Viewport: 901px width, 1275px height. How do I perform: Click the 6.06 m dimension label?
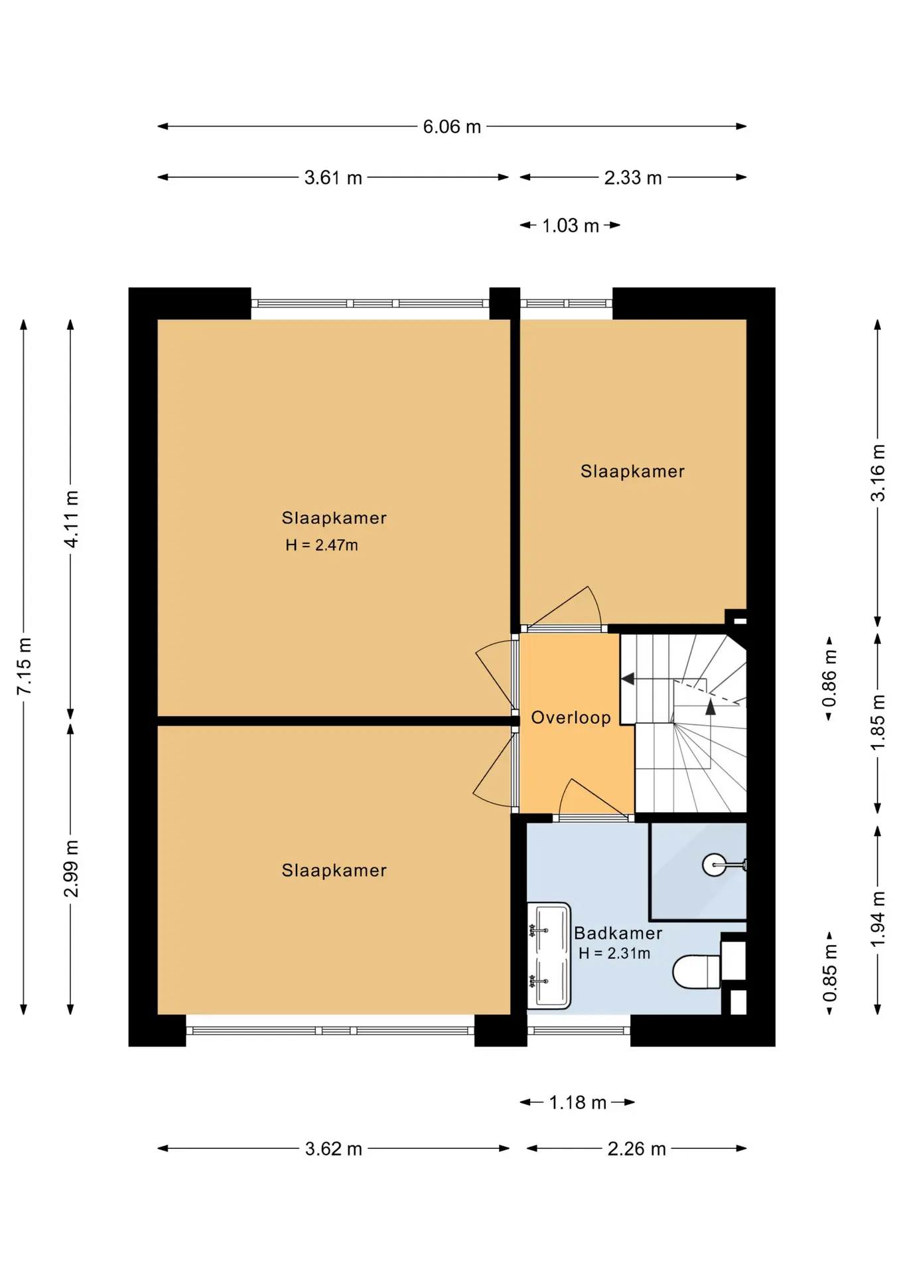click(452, 126)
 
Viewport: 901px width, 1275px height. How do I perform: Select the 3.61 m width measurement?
click(333, 177)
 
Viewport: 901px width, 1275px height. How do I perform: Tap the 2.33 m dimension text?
click(633, 177)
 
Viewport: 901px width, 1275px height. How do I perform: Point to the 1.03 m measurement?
click(571, 226)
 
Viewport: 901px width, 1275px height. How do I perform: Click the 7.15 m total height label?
click(24, 666)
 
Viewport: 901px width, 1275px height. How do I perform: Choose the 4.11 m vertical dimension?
click(71, 519)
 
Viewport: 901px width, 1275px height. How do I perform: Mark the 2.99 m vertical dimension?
click(71, 869)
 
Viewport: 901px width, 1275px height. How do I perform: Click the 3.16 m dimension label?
click(878, 473)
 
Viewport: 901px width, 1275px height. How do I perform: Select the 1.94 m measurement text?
click(878, 920)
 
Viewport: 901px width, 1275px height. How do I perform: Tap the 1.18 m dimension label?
click(578, 1102)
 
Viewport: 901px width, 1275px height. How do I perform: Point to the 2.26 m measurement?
click(636, 1149)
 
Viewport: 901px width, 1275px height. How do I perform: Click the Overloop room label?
click(571, 717)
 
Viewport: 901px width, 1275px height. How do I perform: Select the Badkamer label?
click(618, 933)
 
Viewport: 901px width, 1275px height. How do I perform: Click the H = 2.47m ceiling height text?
click(322, 545)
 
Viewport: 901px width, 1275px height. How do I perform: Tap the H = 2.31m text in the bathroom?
click(614, 954)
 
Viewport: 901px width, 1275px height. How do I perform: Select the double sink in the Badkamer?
click(549, 956)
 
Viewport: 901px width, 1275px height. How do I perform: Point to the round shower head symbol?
click(714, 865)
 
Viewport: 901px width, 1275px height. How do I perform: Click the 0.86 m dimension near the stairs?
click(829, 679)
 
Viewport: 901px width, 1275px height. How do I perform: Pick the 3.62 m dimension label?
click(333, 1149)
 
